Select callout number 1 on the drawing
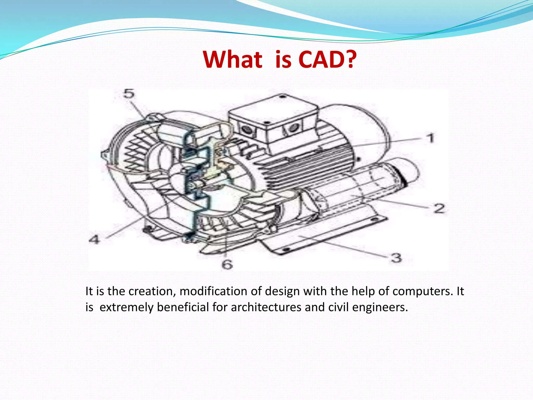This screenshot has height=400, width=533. tap(431, 138)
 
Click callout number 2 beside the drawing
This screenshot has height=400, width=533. tap(439, 208)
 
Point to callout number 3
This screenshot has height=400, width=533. tap(396, 258)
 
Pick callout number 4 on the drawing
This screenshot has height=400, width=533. tap(94, 239)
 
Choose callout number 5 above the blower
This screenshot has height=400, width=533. tap(129, 94)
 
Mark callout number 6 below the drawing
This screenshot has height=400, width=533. tap(227, 264)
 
